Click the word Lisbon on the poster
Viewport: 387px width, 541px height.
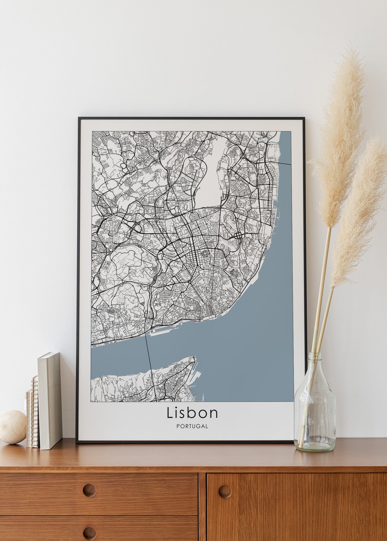coord(192,413)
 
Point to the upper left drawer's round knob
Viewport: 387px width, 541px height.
coord(89,490)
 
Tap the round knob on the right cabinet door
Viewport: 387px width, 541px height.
coord(225,491)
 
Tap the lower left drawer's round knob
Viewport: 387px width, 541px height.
coord(89,532)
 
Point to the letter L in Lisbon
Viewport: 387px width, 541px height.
coord(170,413)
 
